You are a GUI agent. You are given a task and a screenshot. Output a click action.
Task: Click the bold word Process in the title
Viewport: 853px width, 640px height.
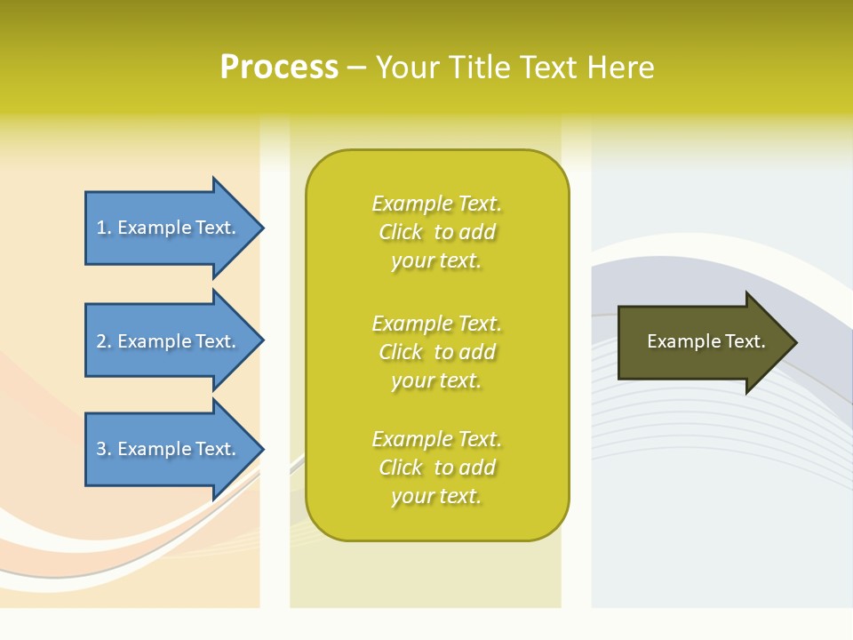pyautogui.click(x=279, y=68)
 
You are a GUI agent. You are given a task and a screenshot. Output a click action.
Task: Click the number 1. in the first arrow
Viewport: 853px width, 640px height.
pyautogui.click(x=104, y=228)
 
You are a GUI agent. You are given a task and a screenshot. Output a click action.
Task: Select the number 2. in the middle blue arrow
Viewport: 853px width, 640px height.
pyautogui.click(x=104, y=341)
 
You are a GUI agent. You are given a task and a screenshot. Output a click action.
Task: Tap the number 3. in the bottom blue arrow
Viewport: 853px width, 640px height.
pyautogui.click(x=104, y=449)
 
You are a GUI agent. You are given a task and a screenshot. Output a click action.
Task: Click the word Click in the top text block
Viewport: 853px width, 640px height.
pyautogui.click(x=401, y=232)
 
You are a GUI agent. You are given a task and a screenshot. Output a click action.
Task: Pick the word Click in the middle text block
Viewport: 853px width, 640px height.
pyautogui.click(x=401, y=352)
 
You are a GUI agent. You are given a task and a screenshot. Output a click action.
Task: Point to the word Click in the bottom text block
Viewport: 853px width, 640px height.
pyautogui.click(x=401, y=468)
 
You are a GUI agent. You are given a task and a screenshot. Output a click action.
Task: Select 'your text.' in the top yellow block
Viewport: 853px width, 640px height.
pyautogui.click(x=436, y=261)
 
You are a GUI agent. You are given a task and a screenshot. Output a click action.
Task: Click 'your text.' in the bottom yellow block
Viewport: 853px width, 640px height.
pyautogui.click(x=436, y=497)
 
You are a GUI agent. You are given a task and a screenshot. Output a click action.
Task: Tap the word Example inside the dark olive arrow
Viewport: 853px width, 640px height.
pyautogui.click(x=677, y=341)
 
